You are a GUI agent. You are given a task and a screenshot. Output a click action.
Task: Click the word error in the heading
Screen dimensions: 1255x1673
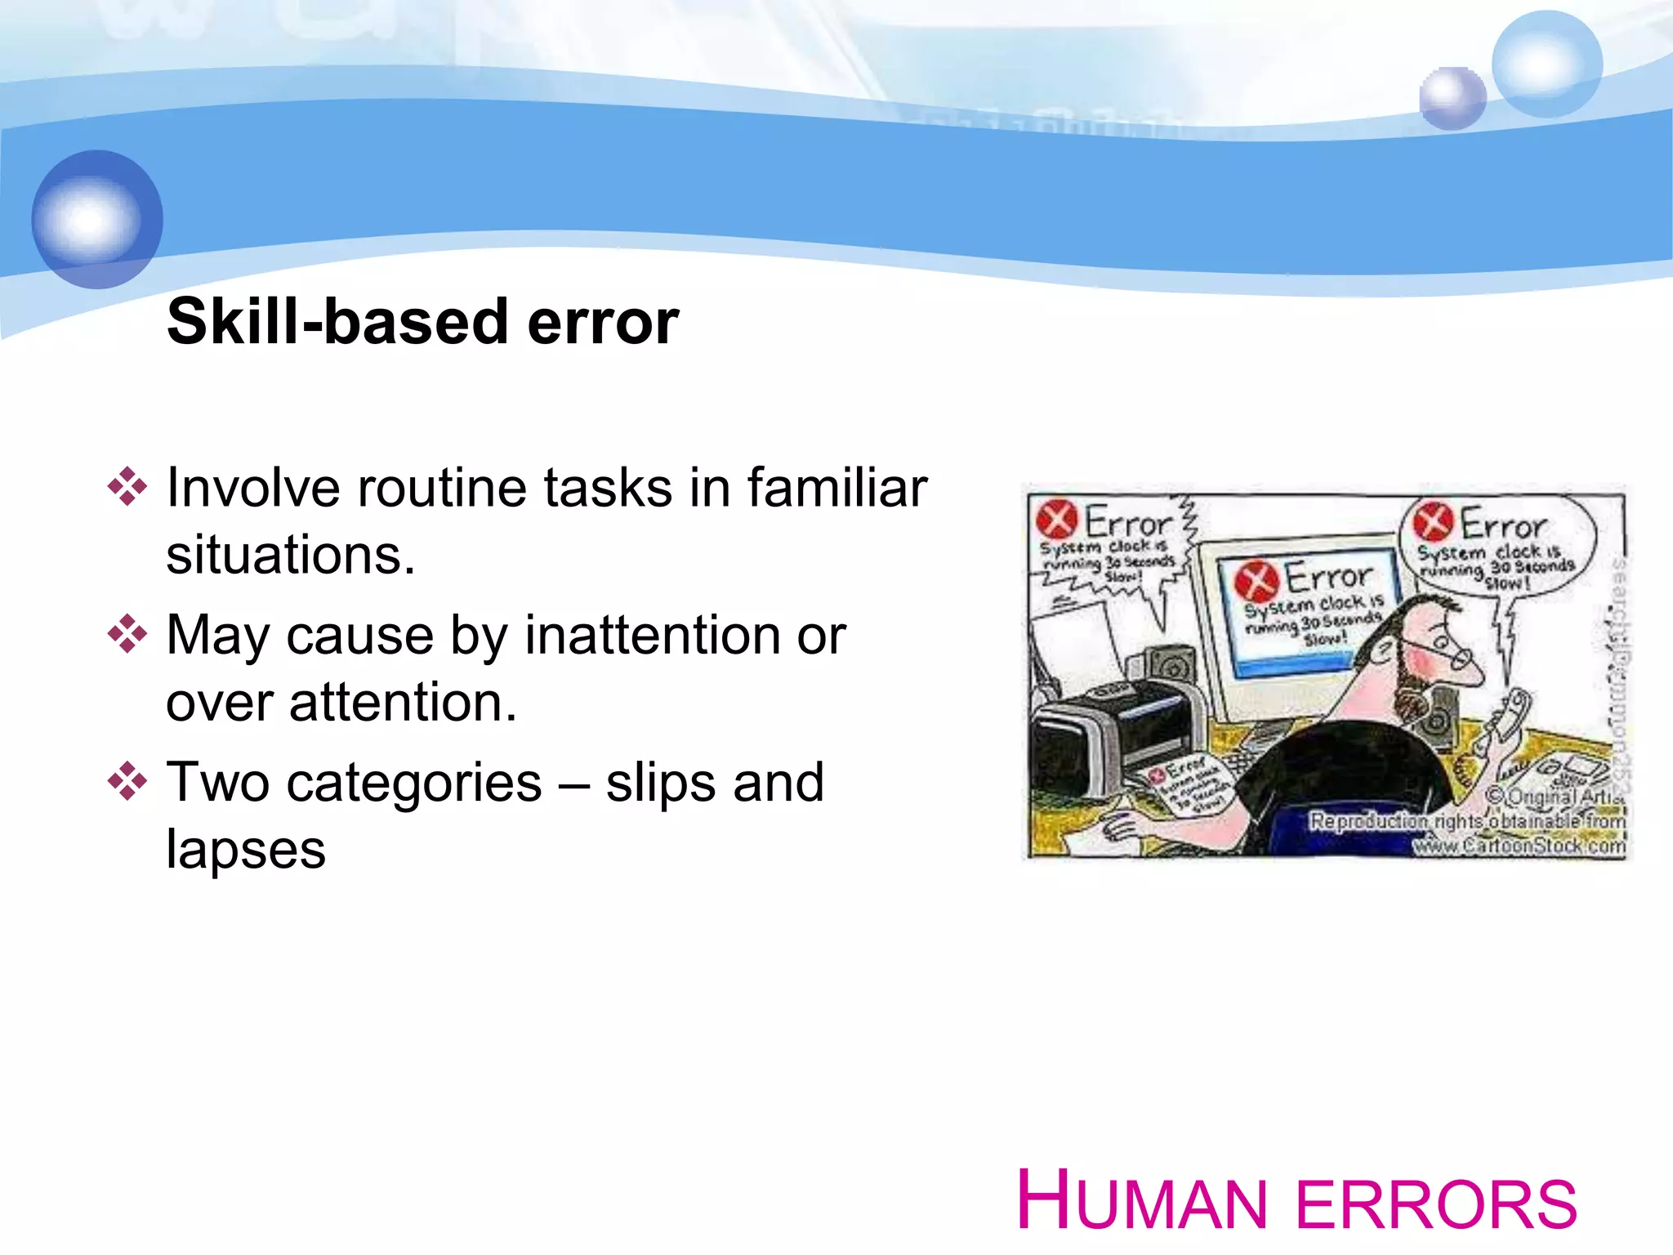point(603,324)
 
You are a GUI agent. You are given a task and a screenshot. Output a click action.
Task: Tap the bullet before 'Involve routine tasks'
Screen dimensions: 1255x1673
point(127,488)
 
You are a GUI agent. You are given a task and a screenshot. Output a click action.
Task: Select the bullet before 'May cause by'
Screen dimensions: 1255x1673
point(127,634)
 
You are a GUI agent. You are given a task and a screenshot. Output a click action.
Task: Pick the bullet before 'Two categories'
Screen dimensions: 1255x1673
point(127,781)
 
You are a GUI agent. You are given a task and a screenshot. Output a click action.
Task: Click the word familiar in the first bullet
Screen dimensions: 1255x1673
point(836,488)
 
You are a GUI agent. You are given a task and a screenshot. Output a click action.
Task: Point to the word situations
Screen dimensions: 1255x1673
point(291,556)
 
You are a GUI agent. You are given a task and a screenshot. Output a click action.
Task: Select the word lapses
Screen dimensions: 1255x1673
point(246,850)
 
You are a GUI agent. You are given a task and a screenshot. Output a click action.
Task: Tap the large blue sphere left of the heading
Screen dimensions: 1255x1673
point(97,219)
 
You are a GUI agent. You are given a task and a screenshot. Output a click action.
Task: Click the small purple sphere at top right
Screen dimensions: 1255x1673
point(1452,99)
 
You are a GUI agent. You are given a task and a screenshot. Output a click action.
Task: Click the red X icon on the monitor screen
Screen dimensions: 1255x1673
point(1256,581)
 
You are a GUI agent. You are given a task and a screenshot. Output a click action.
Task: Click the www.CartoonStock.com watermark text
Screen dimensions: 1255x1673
point(1519,846)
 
